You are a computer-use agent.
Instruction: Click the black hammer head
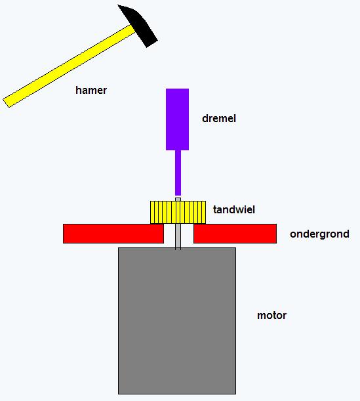(140, 26)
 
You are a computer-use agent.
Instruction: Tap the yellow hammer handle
(70, 66)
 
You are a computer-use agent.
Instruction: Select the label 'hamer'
(91, 91)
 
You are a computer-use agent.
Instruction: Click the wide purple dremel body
(177, 119)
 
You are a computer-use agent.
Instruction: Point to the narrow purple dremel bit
(178, 173)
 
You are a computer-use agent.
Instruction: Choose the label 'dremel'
(219, 118)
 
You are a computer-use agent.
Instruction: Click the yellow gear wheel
(178, 213)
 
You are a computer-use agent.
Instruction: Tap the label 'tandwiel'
(234, 210)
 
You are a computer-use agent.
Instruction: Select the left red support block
(113, 234)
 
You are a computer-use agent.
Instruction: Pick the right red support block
(235, 234)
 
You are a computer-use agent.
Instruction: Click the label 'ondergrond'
(319, 234)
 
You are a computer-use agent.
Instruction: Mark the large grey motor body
(177, 321)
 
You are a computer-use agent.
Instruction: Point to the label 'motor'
(271, 315)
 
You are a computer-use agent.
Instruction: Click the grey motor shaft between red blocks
(178, 236)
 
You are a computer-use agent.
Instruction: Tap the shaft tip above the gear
(178, 200)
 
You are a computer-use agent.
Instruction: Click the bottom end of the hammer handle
(6, 103)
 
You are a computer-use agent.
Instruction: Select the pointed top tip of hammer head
(118, 5)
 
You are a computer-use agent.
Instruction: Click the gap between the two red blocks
(178, 234)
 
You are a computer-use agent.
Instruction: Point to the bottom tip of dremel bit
(178, 195)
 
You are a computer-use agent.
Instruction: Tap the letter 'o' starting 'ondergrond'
(293, 234)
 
